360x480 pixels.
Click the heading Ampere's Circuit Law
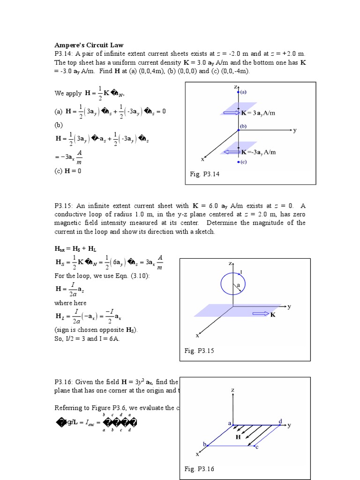[89, 45]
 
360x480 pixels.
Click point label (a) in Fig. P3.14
[244, 92]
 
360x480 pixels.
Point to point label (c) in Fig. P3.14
[243, 162]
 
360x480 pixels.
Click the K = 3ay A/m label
[258, 112]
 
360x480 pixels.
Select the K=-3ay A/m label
[259, 152]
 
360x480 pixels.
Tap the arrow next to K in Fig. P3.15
[260, 314]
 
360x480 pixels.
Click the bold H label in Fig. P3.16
[238, 436]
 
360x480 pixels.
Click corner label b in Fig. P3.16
[204, 443]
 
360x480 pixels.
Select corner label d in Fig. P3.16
[280, 421]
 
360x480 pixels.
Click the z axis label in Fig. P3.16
[232, 390]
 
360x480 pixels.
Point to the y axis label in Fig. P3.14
[295, 131]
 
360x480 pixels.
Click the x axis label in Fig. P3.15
[197, 336]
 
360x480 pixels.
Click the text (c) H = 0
[68, 171]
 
